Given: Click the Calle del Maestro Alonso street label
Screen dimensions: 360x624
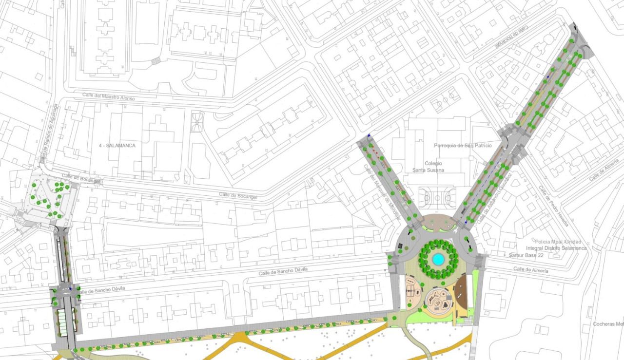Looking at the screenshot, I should (108, 96).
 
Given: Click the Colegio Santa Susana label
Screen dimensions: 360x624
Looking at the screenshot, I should (428, 167).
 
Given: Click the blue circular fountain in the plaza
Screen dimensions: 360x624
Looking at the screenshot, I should (438, 259).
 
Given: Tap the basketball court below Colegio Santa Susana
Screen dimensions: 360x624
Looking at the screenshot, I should (437, 197).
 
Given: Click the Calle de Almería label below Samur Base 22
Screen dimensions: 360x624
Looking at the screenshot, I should (530, 270).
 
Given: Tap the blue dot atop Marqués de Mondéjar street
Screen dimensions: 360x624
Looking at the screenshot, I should (370, 136).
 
